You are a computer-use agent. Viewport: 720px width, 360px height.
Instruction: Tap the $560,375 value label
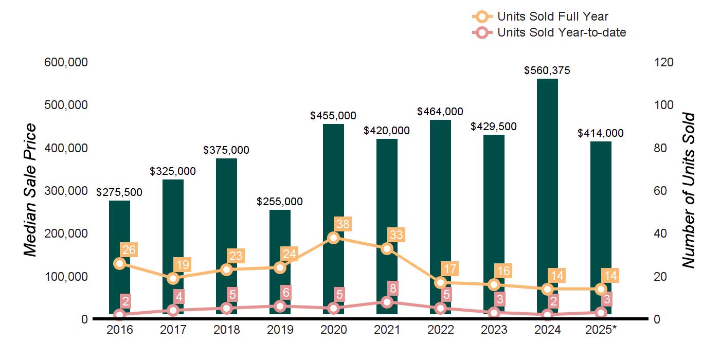547,71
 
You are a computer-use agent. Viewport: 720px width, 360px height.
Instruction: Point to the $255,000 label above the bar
280,202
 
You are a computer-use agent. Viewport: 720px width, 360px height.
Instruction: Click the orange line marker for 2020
333,238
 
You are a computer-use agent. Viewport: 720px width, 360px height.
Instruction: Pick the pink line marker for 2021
387,302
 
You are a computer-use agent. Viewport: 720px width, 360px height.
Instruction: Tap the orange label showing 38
341,224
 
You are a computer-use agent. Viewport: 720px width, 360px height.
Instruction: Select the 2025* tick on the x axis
601,330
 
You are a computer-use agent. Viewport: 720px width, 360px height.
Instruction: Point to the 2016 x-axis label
119,330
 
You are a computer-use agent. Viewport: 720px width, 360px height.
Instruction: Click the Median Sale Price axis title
31,190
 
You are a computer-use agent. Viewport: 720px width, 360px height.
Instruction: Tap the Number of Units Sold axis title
688,190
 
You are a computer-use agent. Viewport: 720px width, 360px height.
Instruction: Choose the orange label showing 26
129,250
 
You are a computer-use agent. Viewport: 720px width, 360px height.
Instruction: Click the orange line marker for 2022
440,282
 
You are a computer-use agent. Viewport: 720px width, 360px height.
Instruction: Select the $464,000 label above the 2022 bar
440,112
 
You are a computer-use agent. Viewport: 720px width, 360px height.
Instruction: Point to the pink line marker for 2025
601,313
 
